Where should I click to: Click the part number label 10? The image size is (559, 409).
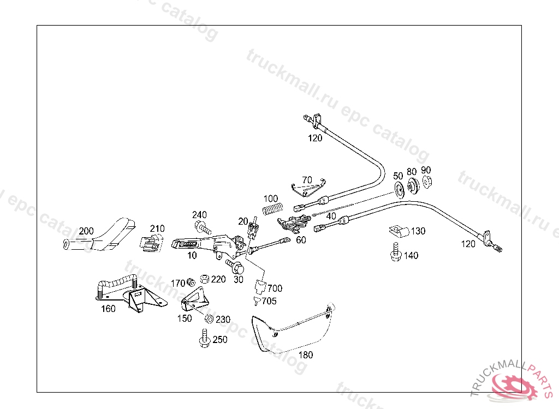[x=192, y=255]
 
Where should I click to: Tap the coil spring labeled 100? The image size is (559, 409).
[x=273, y=208]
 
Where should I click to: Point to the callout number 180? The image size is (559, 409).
[x=306, y=355]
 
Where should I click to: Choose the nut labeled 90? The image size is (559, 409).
[x=427, y=183]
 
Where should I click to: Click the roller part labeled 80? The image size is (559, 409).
[x=413, y=186]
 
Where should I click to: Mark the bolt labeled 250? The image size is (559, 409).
[x=205, y=338]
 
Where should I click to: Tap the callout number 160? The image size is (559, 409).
[x=108, y=309]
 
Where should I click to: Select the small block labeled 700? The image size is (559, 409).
[x=261, y=287]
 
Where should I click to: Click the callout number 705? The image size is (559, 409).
[x=269, y=301]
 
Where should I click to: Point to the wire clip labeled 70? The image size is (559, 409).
[x=308, y=189]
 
